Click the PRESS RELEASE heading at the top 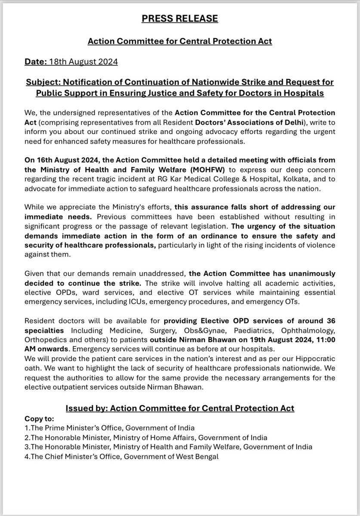click(x=180, y=19)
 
